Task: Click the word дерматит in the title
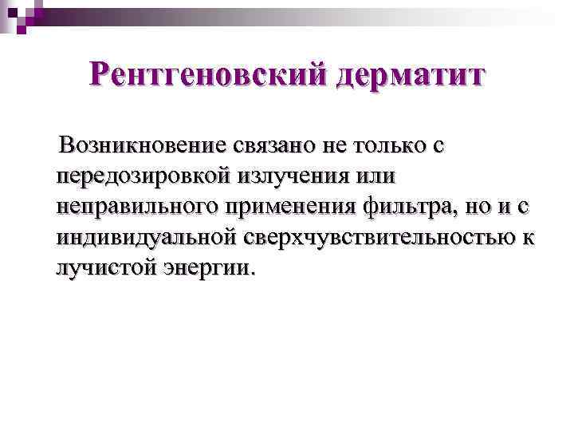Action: (410, 77)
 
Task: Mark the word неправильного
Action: (140, 206)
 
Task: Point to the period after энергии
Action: (254, 271)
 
